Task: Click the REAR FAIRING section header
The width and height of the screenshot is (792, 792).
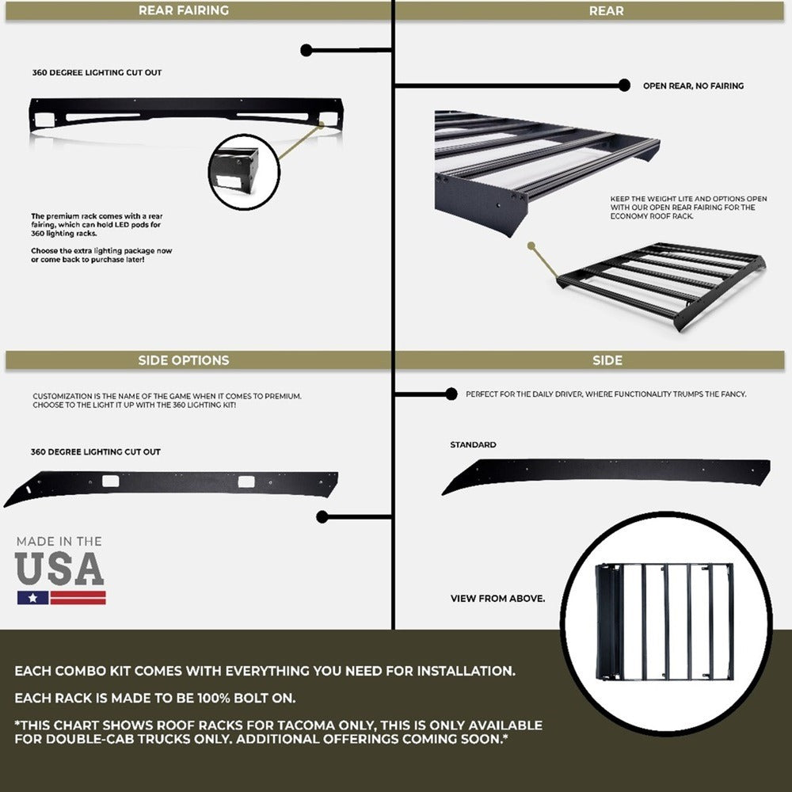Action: click(183, 10)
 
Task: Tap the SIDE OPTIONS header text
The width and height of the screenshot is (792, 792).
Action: click(183, 360)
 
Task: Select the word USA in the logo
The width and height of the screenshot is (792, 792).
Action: click(59, 569)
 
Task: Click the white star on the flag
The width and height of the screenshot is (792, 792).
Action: click(32, 597)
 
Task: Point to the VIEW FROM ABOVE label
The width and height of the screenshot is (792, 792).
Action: click(497, 599)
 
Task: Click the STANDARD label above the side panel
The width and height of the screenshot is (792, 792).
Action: click(473, 445)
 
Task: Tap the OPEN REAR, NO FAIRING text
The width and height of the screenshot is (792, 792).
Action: click(693, 86)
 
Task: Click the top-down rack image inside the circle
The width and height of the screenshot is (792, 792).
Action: click(665, 621)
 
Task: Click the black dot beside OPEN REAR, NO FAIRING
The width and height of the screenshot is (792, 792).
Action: click(624, 86)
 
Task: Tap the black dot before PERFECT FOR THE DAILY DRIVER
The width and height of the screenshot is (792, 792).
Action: click(451, 394)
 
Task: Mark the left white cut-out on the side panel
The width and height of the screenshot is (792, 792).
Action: click(109, 481)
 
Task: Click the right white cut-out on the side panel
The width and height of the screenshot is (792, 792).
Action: click(246, 481)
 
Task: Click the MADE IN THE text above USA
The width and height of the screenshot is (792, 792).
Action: click(59, 542)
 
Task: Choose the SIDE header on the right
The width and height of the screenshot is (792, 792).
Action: click(607, 360)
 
